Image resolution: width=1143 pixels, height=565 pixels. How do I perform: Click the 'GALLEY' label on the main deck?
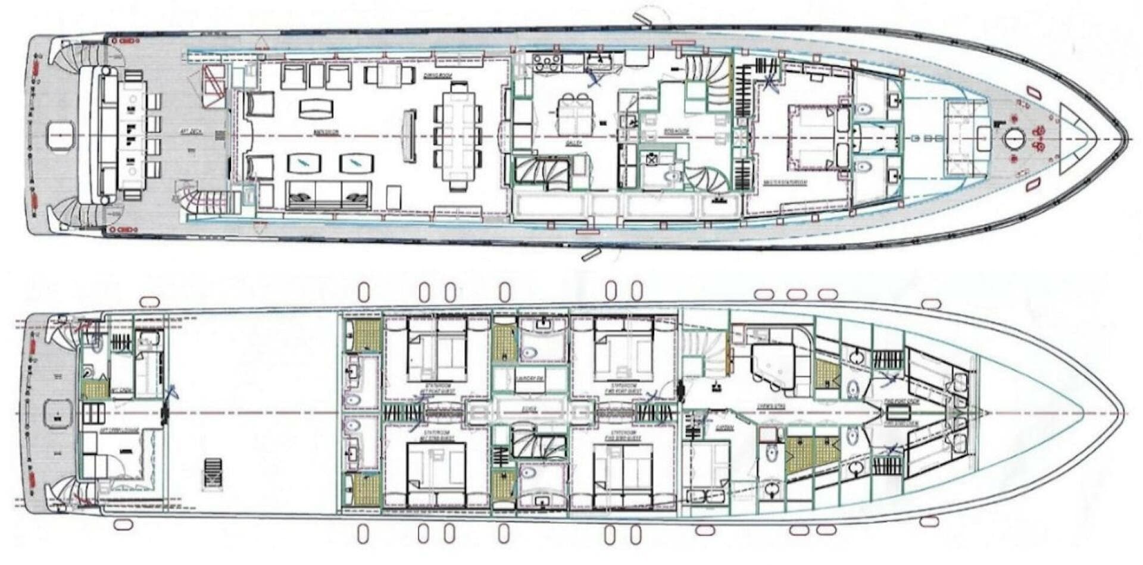(573, 143)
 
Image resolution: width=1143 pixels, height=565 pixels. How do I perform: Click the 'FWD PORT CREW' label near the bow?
(901, 403)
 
